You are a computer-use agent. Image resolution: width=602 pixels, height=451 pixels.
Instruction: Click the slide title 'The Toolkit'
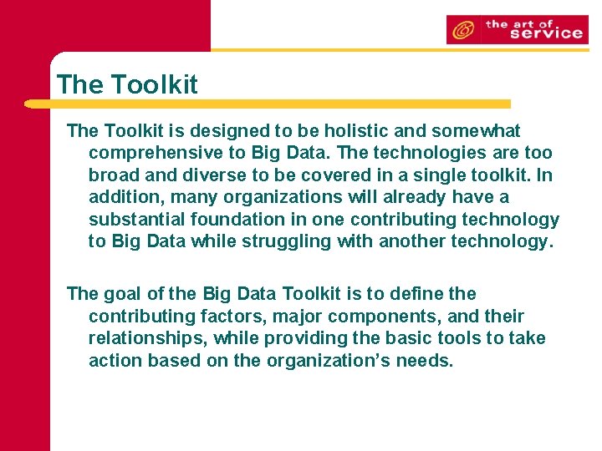click(127, 84)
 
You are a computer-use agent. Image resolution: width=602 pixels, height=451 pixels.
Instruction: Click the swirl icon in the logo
click(462, 31)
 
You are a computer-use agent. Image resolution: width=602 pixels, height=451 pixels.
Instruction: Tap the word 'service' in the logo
click(545, 33)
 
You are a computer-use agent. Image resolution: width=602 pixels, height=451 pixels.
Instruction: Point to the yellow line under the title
click(268, 104)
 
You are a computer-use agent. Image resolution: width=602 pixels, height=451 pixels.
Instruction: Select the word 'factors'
click(227, 317)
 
